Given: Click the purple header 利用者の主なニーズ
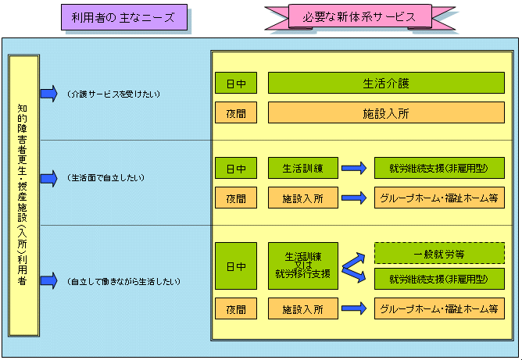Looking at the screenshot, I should coord(125,17).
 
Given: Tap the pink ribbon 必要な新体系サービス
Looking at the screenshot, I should coord(359,17).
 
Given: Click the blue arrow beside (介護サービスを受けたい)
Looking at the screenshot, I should coord(49,94).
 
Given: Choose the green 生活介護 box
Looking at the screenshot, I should coord(386,83).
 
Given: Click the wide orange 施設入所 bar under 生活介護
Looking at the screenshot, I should coord(386,113).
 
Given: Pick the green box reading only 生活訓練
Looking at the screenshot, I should coord(303,168).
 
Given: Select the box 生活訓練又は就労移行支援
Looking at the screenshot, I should coord(303,266).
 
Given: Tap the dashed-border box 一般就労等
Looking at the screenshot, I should coord(439,253).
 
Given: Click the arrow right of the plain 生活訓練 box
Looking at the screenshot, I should coord(354,168).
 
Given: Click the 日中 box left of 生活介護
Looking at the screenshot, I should coord(235,83).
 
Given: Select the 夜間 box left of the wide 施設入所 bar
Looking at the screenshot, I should coord(235,113).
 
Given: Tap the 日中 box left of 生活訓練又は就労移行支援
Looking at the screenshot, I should coord(235,266).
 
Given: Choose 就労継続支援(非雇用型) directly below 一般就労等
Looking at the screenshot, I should coord(439,279).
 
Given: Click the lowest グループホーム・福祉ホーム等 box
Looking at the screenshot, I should coord(439,308).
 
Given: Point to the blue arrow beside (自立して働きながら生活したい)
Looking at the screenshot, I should coord(49,280).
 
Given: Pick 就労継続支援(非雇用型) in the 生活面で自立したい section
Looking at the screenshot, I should coord(439,168).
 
